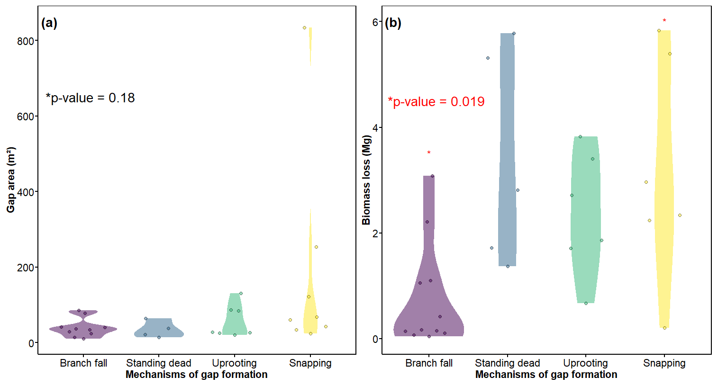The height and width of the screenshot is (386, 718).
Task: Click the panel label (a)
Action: point(49,23)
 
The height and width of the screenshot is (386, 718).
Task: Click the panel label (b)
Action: point(393,23)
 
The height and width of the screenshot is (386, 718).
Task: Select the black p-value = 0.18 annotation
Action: point(90,98)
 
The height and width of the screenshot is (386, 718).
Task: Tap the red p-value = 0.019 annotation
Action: point(436,102)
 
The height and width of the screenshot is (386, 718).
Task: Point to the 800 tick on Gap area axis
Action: point(26,41)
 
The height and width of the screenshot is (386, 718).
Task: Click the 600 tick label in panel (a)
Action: point(26,117)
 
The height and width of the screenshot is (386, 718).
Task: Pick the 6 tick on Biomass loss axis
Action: point(375,22)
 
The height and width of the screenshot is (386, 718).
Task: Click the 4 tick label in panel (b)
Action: point(375,128)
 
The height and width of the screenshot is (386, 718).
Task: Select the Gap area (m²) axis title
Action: point(11,180)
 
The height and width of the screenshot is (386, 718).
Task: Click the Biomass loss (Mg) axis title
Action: point(366,180)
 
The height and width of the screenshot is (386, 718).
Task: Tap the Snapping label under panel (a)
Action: point(310,363)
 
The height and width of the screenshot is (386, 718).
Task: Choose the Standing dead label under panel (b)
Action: point(508,363)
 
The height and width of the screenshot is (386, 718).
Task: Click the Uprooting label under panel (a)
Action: point(234,363)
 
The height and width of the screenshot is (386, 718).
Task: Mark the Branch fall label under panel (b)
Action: point(429,363)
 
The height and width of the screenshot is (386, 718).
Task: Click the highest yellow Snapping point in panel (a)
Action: point(305,28)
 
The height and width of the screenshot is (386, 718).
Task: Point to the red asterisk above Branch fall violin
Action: point(429,153)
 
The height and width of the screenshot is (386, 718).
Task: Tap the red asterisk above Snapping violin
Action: point(664,21)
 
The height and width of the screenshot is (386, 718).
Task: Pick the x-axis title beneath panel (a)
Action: point(196,375)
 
